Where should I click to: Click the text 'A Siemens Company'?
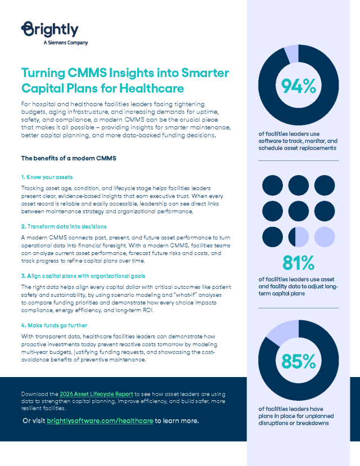65,42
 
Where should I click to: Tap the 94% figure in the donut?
298,86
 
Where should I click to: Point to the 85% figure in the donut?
298,361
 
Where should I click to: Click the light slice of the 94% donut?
291,53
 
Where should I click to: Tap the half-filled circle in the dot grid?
298,237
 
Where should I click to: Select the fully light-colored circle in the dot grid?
325,237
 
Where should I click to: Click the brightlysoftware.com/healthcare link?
100,420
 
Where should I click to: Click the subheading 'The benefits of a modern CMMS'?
68,158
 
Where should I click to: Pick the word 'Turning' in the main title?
44,73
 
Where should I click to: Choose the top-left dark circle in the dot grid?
272,185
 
